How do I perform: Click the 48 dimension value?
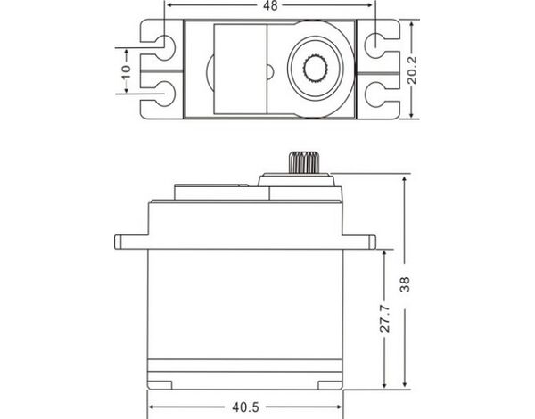tap(270, 5)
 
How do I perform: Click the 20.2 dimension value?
tap(412, 70)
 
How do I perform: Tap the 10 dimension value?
tap(126, 71)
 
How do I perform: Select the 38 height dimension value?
tap(405, 283)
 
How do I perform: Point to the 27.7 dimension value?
tap(385, 318)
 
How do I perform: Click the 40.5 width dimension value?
tap(246, 407)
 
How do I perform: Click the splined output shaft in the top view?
tap(316, 69)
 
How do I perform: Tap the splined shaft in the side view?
tap(303, 162)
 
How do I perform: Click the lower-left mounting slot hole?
tap(166, 94)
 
